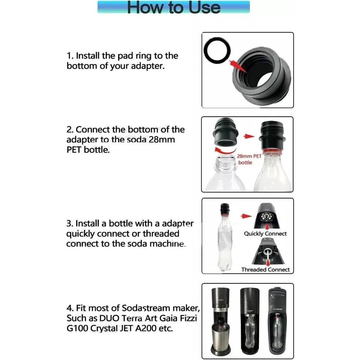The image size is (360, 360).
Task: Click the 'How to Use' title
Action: tap(174, 7)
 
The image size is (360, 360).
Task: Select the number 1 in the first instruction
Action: tap(69, 56)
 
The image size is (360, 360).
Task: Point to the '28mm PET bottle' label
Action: tap(249, 159)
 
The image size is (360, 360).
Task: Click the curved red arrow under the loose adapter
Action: tap(222, 151)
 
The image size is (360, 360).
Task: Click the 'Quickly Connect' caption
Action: tap(265, 233)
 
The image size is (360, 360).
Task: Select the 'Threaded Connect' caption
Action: tap(265, 270)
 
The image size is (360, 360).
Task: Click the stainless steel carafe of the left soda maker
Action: tap(218, 336)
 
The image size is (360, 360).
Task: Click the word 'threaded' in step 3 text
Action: tap(161, 233)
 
